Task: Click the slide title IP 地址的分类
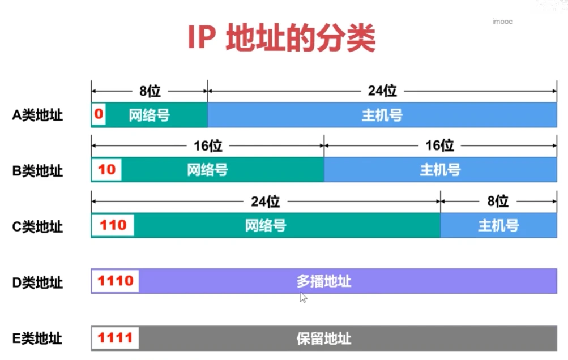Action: [x=281, y=38]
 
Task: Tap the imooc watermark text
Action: [x=502, y=21]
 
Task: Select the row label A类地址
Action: [x=38, y=115]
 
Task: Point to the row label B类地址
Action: [x=38, y=170]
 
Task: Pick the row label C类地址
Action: [x=38, y=226]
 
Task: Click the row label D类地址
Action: [x=38, y=282]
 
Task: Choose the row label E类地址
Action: [x=38, y=338]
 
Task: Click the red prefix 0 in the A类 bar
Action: [x=99, y=115]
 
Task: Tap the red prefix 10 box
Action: [x=106, y=170]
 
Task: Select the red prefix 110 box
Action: [x=113, y=225]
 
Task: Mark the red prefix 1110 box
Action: [x=116, y=281]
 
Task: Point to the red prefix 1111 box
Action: [x=116, y=338]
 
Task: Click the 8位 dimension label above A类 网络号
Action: [x=150, y=91]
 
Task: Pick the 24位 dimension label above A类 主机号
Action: [x=382, y=91]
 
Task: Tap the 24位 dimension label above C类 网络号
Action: [x=266, y=202]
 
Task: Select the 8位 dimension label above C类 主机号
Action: [x=498, y=202]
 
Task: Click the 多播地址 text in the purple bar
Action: [x=324, y=281]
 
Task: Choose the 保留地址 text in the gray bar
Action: [x=324, y=338]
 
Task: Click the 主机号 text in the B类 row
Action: [x=440, y=170]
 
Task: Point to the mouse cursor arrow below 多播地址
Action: [x=304, y=298]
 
